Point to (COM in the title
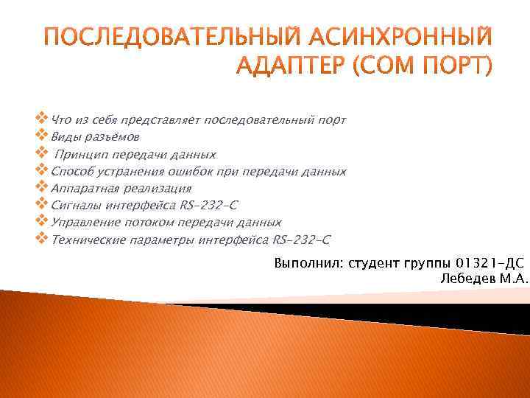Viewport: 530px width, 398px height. [x=386, y=66]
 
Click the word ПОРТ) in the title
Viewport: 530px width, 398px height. [x=459, y=66]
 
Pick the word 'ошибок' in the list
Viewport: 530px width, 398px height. [x=194, y=172]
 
